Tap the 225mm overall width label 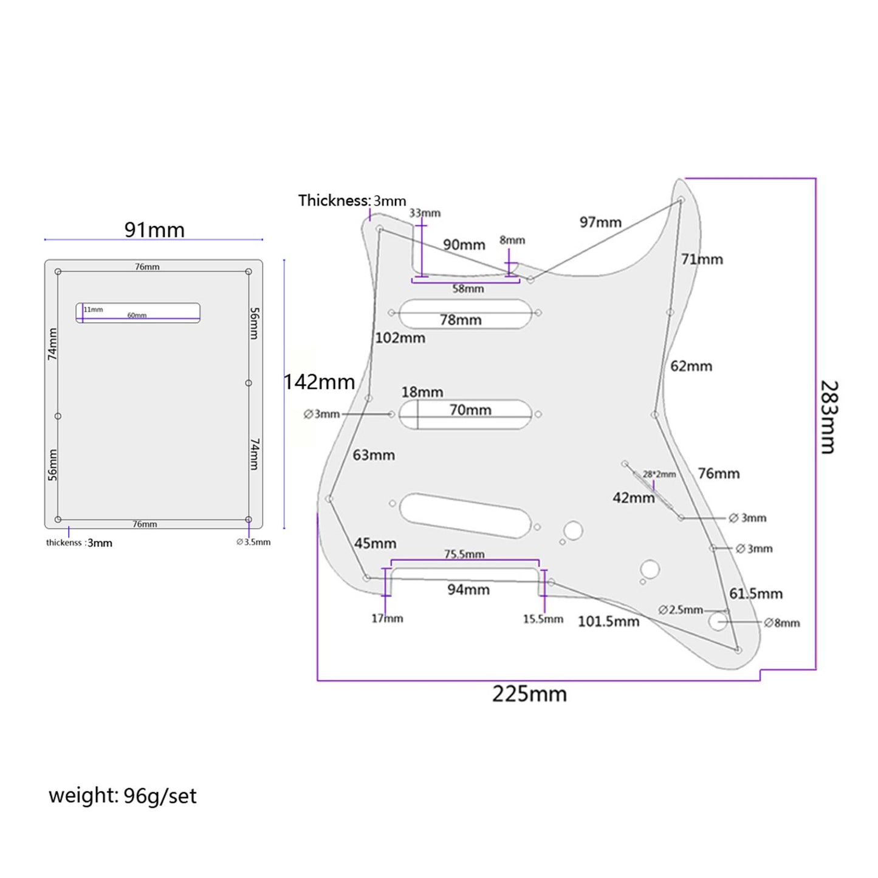529,694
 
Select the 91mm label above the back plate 154,230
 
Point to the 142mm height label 319,382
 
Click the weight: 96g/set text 123,795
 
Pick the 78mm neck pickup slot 465,314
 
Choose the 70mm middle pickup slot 465,415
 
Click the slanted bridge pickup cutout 465,515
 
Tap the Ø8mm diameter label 782,623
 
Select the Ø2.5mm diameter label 681,609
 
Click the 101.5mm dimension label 608,622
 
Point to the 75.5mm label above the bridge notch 464,554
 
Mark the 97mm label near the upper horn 600,222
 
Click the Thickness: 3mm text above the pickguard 352,201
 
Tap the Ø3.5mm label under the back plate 253,542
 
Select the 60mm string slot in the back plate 138,313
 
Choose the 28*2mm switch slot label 659,475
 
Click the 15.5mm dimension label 543,619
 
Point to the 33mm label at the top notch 425,213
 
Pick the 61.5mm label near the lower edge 756,594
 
